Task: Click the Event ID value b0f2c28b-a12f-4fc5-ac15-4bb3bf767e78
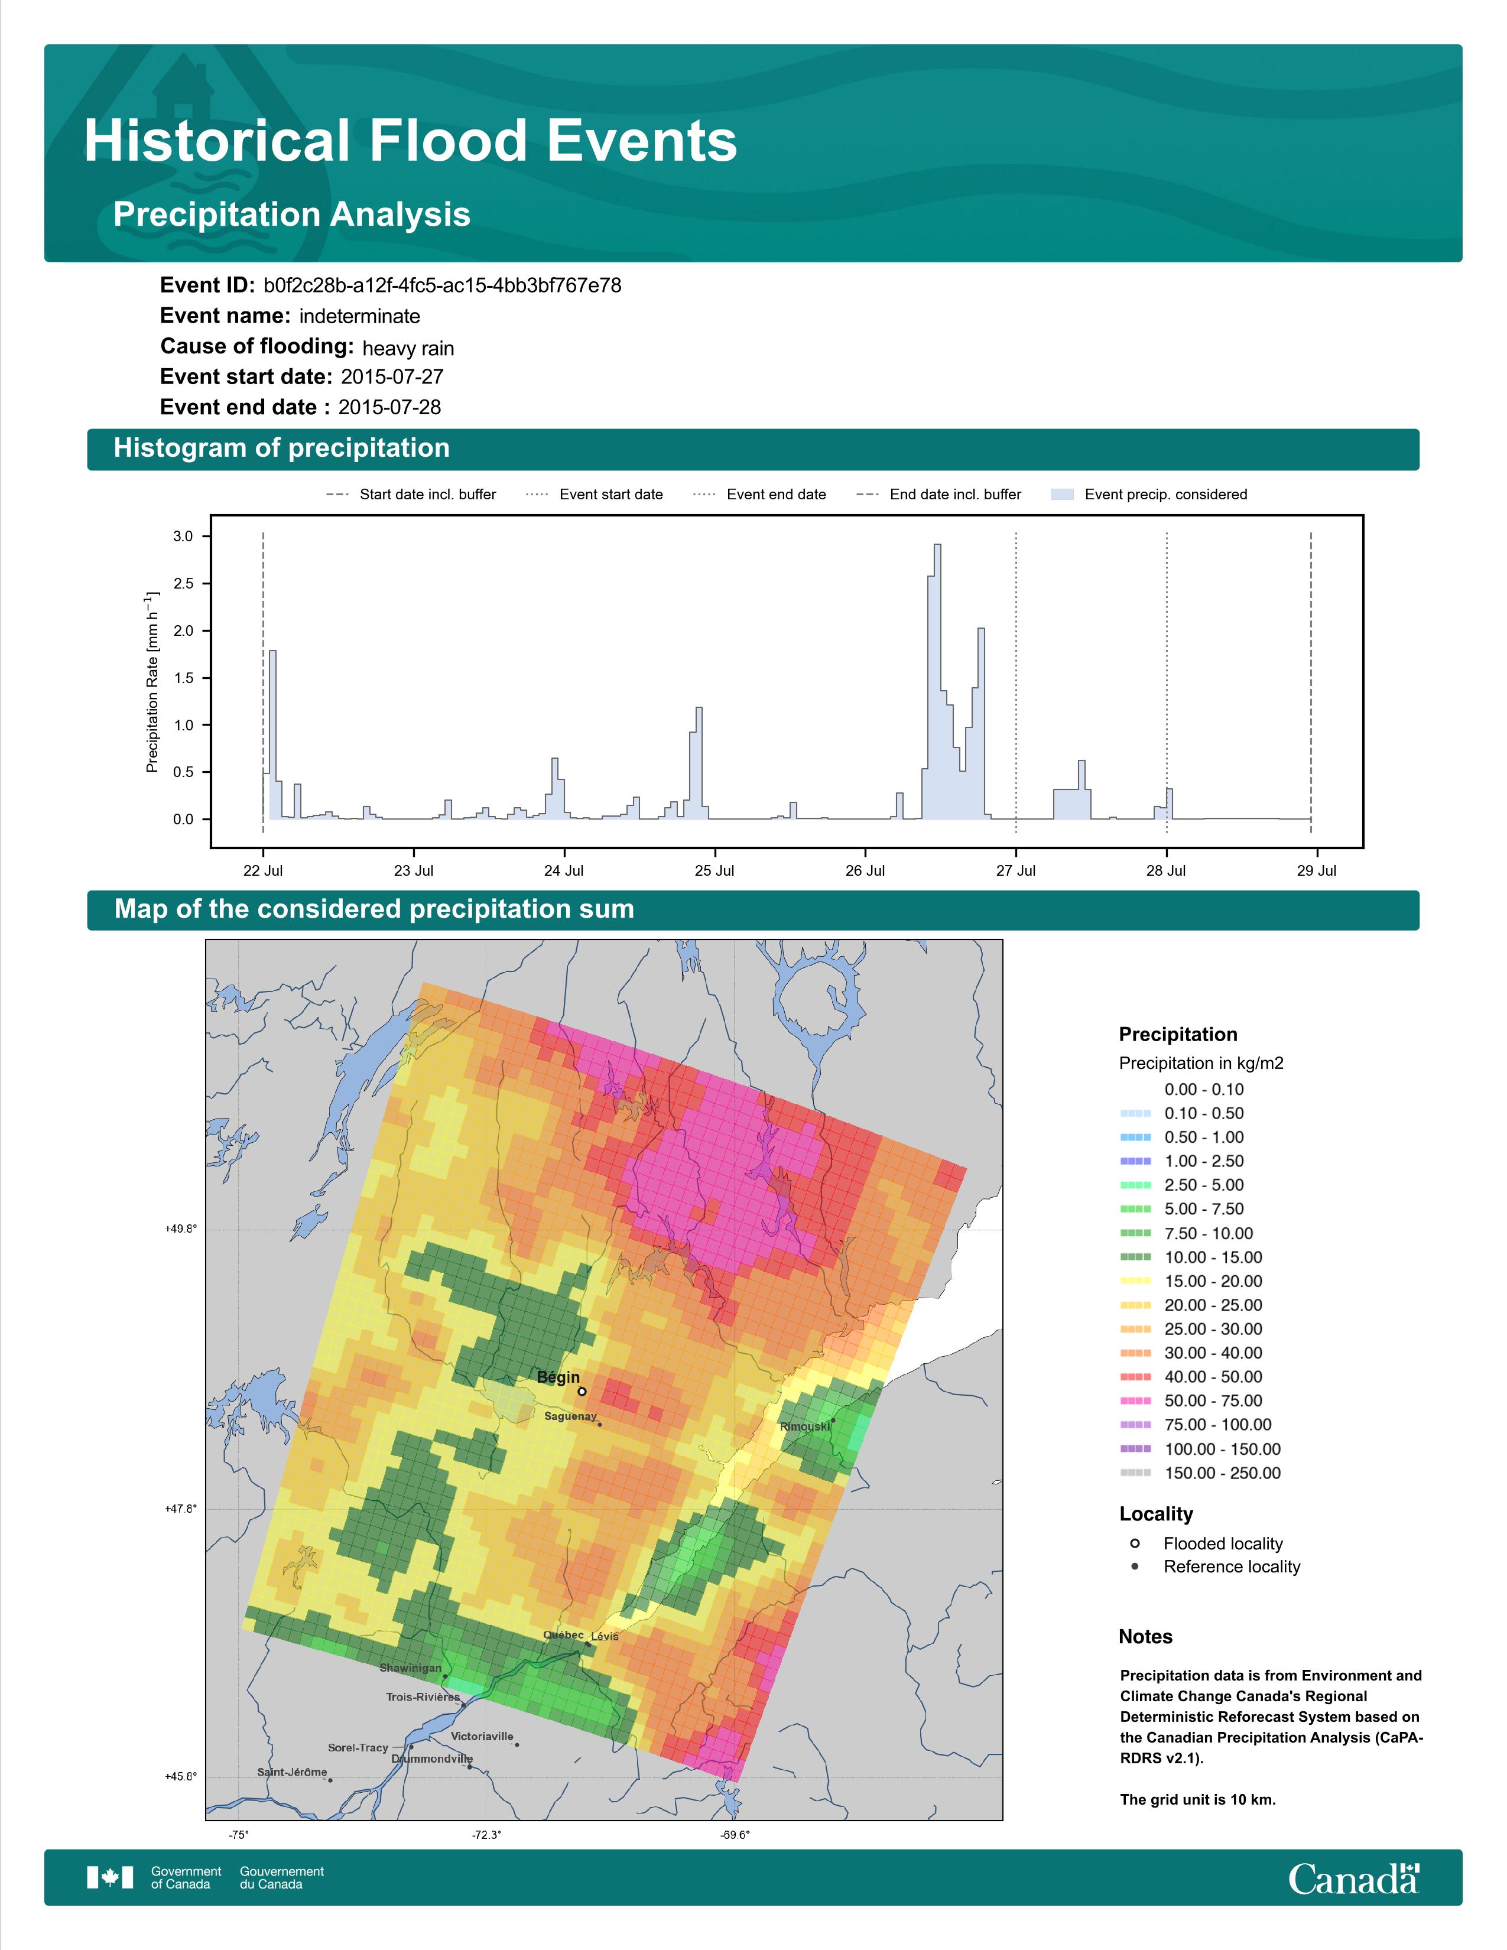442,286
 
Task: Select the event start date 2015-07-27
392,377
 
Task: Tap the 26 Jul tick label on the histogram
865,870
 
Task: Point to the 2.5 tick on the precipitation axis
183,584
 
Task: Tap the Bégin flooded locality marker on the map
582,1391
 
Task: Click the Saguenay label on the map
570,1416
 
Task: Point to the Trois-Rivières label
423,1696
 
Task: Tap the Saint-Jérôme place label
292,1772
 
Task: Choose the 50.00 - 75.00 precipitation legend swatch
1135,1401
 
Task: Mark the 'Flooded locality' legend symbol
1135,1543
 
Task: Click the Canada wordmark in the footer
1353,1880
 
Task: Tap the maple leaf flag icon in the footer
110,1878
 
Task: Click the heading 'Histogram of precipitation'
281,448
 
